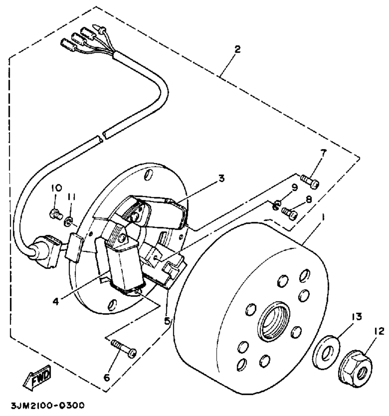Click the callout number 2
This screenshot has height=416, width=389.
[238, 49]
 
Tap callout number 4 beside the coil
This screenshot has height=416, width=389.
[57, 301]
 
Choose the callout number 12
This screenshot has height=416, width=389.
[379, 331]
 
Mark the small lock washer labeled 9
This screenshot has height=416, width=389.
[275, 204]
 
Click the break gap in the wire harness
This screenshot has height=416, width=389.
[101, 136]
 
